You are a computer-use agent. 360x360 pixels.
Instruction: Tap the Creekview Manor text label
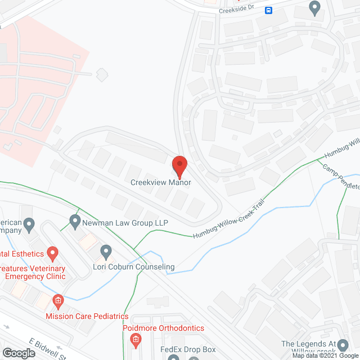coord(161,182)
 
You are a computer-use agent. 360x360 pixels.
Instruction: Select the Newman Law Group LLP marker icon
coord(75,220)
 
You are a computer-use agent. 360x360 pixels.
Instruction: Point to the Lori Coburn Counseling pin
coord(105,251)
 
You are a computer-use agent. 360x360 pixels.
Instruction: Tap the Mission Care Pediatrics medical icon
coord(58,301)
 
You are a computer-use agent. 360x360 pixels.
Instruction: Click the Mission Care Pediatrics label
coord(87,317)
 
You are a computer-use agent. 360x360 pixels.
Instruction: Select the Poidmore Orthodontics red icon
coord(135,339)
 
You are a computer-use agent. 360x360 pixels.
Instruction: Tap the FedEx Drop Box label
coord(188,350)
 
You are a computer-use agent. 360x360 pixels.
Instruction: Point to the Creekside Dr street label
coord(236,10)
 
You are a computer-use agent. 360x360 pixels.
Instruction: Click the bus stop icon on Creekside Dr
coord(269,10)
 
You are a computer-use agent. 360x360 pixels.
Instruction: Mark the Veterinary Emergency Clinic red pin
coord(52,254)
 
